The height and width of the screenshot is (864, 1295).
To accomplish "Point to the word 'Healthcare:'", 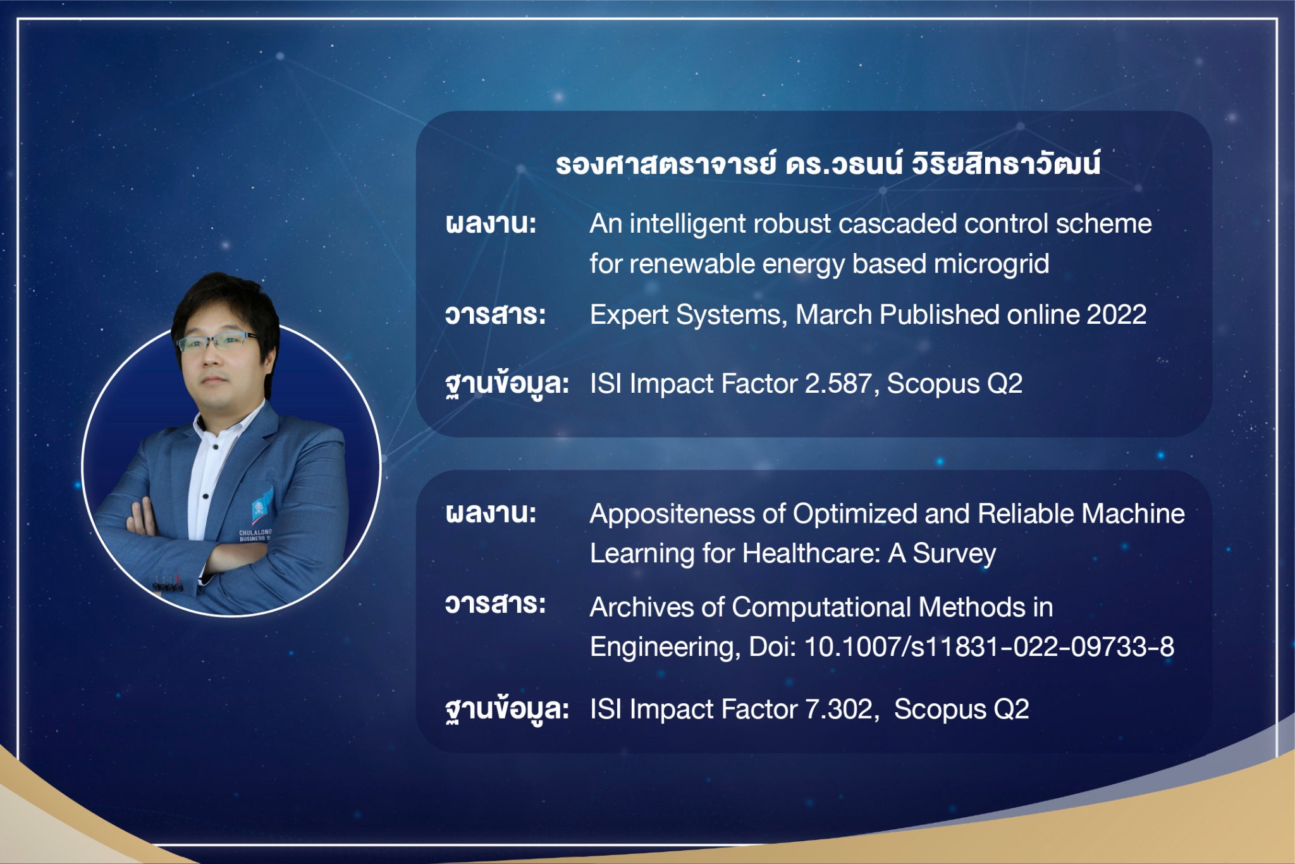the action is (x=811, y=553).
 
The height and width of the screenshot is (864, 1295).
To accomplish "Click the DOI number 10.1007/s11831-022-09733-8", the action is (x=989, y=646).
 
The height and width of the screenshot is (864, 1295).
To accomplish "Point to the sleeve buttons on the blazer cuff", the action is (x=167, y=584).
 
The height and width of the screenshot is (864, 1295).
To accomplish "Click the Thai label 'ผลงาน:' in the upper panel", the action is (x=491, y=223).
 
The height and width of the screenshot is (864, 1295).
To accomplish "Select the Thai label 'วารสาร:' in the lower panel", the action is (x=495, y=604).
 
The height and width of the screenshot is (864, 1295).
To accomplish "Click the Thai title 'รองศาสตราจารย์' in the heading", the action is (x=666, y=164).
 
